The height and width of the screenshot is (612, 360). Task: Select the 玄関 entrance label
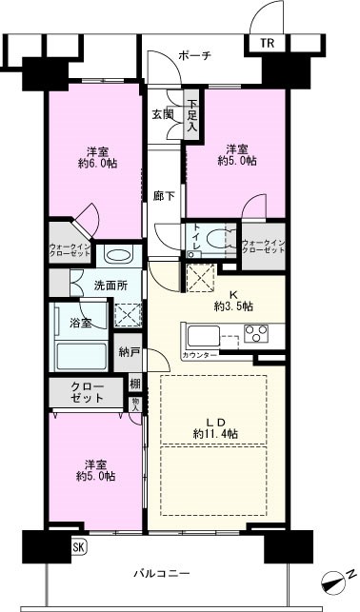point(162,114)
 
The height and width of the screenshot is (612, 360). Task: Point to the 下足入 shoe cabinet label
point(192,114)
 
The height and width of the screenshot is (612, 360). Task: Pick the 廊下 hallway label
point(162,196)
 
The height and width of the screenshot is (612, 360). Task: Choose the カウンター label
point(200,355)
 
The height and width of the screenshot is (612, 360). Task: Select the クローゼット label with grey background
point(87,393)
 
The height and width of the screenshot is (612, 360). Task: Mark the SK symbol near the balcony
point(76,548)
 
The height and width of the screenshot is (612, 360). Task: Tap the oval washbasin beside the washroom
point(117,256)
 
